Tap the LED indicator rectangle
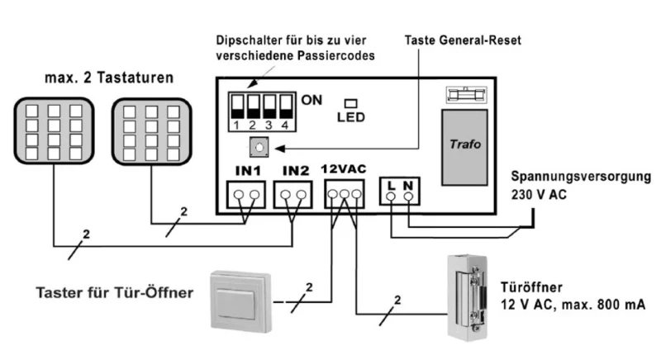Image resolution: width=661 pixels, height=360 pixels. click(350, 103)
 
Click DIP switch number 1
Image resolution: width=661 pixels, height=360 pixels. click(236, 107)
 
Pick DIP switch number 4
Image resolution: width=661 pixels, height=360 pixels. click(286, 107)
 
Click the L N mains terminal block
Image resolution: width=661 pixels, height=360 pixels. click(401, 195)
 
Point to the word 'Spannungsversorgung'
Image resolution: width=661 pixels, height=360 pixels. click(579, 177)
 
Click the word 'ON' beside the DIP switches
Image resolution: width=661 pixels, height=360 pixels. click(311, 100)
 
